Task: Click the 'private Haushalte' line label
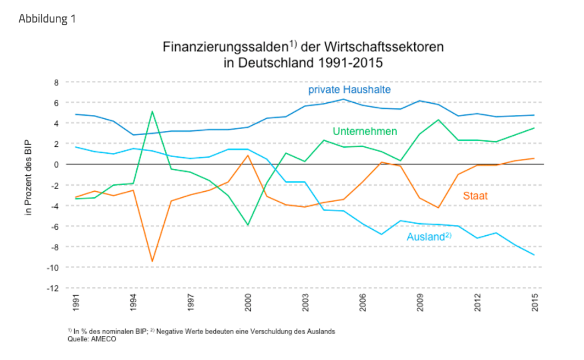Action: coord(349,89)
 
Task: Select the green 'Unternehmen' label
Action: coord(365,131)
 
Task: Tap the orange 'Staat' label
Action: coord(476,196)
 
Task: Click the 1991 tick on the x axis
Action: coord(76,303)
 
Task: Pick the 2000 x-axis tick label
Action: coord(247,303)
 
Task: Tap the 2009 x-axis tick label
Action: coord(420,303)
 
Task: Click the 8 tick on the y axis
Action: coord(55,82)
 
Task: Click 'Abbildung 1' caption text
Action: coord(47,19)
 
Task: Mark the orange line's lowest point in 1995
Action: coord(152,261)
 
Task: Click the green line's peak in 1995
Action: coord(152,112)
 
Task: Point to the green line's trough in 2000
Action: coord(248,225)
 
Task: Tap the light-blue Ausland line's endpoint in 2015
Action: coord(535,255)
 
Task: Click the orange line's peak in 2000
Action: coord(248,156)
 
